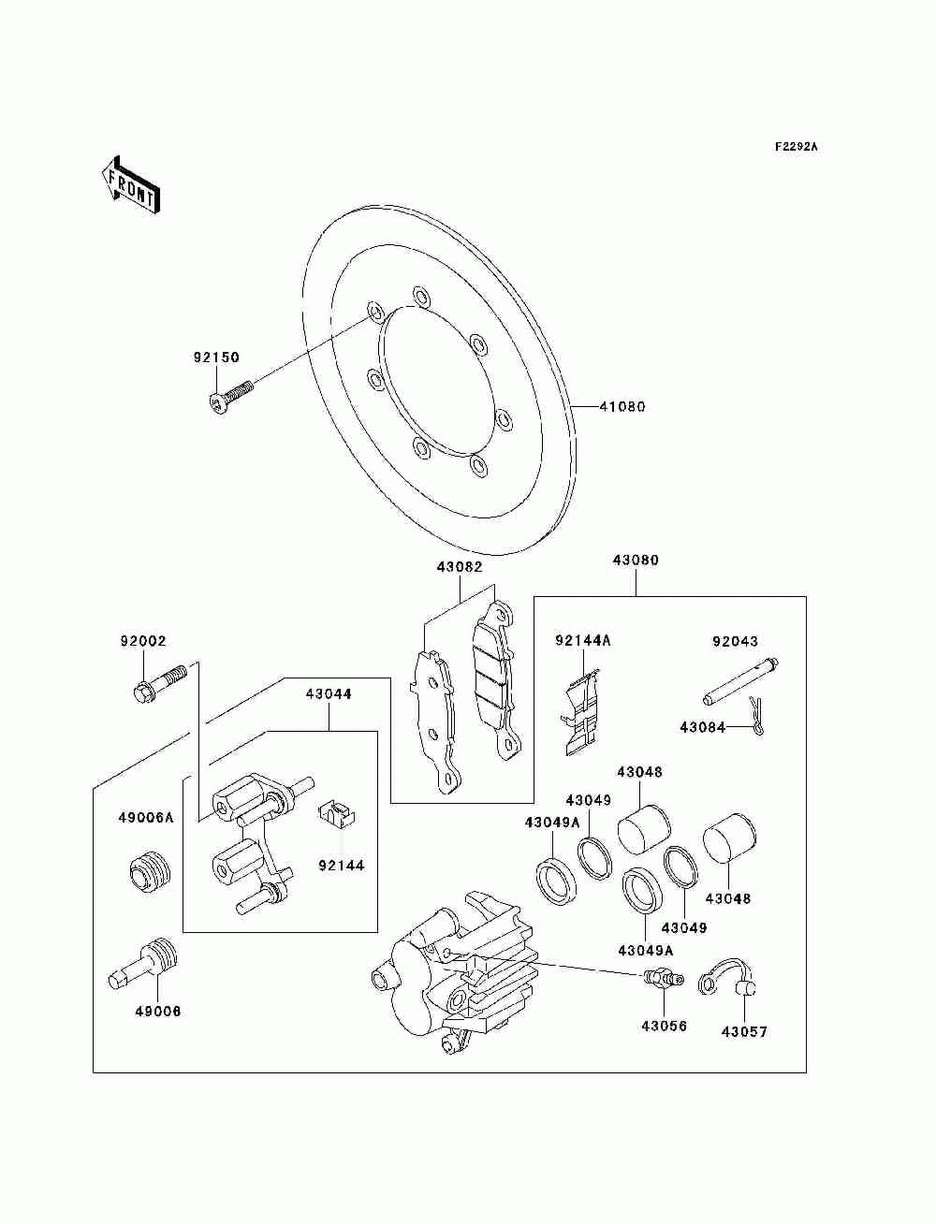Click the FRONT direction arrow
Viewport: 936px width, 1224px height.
tap(130, 184)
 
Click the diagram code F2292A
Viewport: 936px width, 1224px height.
tap(796, 147)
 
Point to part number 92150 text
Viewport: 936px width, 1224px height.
tap(216, 357)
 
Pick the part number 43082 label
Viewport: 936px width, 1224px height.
tap(459, 567)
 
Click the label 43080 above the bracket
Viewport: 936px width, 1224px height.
tap(636, 561)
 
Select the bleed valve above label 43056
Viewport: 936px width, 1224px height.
tap(660, 980)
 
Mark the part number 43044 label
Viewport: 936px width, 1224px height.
tap(328, 694)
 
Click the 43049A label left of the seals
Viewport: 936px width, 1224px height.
tap(552, 822)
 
